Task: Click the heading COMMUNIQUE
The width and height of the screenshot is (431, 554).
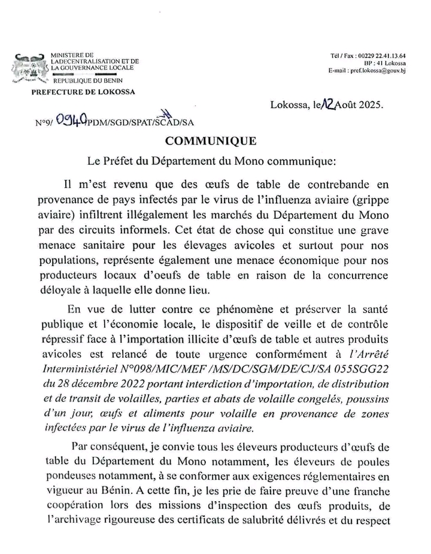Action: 211,141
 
